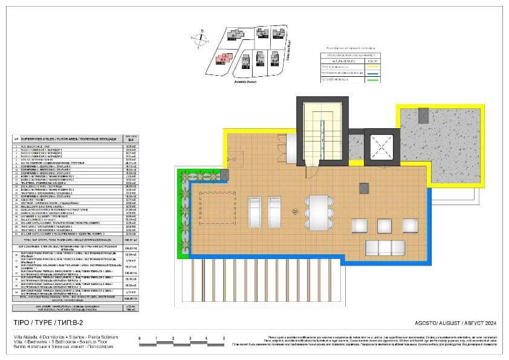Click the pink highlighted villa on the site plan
pos(223,59)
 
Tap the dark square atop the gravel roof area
pos(423,114)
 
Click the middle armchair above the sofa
pos(385,226)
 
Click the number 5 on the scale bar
pos(224,339)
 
